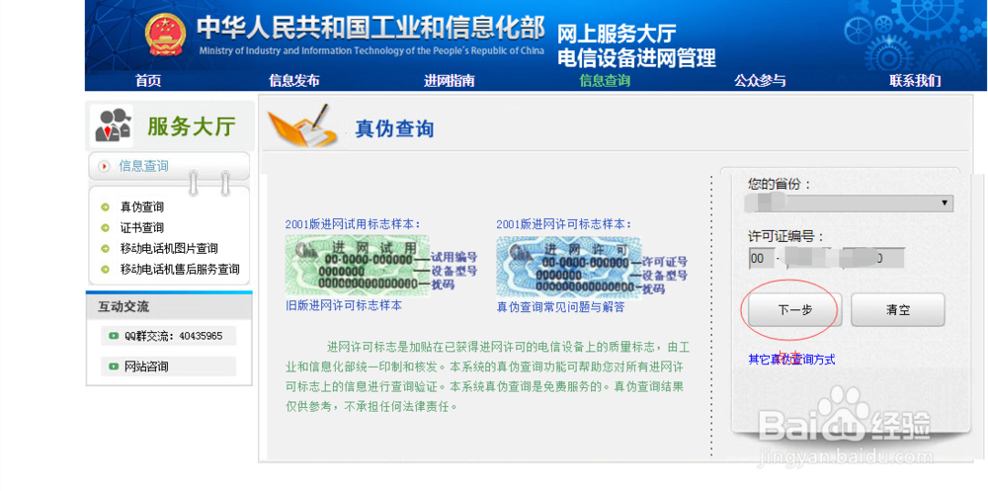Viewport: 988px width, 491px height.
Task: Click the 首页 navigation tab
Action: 148,81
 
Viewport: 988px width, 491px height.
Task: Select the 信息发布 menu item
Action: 294,81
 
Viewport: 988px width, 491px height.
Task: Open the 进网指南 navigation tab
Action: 450,81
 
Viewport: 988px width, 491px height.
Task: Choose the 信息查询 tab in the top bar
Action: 605,81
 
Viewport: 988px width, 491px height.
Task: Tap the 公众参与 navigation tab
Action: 760,81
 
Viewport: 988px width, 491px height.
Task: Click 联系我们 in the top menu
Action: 915,81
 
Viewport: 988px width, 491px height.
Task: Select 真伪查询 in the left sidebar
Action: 142,206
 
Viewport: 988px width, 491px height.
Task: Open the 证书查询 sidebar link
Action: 142,227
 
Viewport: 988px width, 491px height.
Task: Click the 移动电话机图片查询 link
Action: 169,248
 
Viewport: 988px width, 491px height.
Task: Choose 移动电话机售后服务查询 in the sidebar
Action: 180,269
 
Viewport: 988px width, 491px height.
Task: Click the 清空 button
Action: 898,310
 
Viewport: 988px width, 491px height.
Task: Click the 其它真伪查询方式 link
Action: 791,360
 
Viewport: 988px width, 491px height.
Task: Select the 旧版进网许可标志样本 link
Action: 344,305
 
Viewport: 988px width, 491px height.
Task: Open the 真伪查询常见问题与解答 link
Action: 560,307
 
